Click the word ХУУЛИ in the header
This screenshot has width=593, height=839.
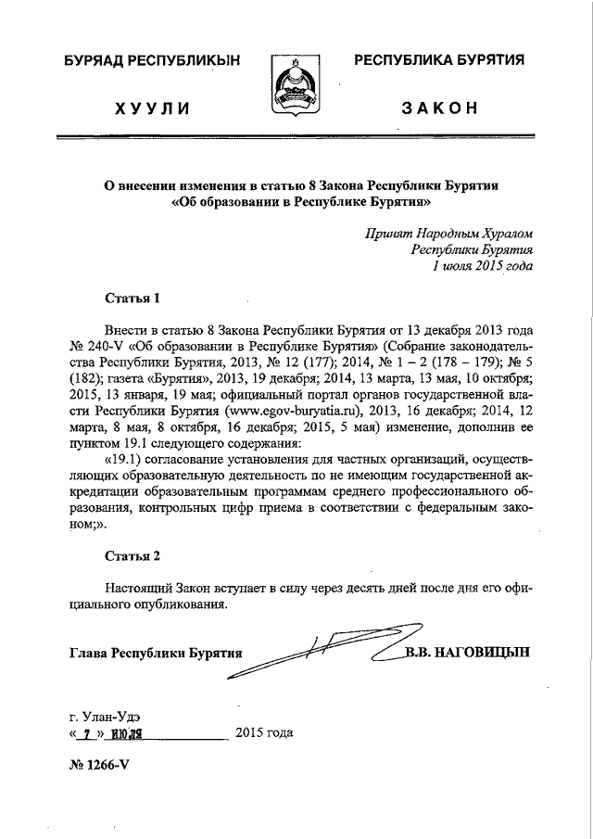152,108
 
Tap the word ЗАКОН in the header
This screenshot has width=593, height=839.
439,108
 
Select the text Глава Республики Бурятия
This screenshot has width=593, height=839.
155,653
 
